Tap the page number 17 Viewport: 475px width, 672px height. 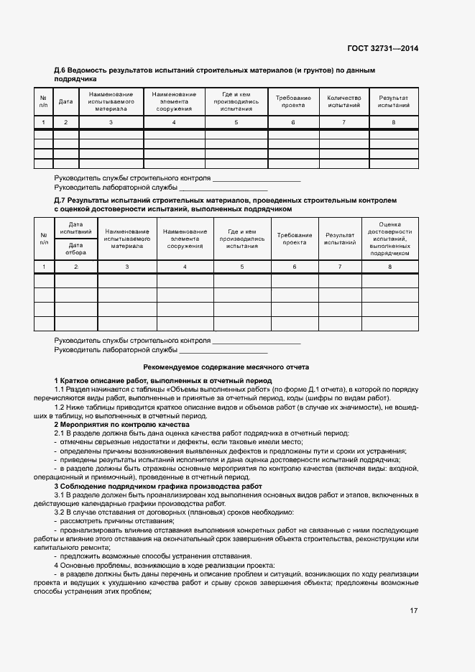[413, 611]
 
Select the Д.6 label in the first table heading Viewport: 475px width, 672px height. [60, 70]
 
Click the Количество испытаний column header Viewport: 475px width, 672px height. [343, 102]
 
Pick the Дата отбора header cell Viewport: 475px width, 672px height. [75, 249]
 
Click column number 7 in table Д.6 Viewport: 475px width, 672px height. [343, 123]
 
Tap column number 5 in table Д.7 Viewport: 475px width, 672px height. [241, 267]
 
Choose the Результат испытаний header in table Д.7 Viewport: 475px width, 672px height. [340, 239]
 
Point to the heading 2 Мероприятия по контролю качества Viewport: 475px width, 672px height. [121, 425]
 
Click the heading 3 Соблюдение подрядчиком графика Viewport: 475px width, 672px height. [158, 487]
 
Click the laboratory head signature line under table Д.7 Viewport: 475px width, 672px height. [223, 350]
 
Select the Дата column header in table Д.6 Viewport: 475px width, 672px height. [65, 102]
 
